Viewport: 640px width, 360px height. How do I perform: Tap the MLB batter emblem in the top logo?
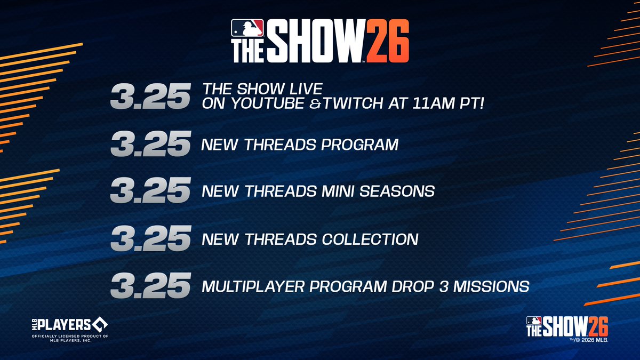coord(247,28)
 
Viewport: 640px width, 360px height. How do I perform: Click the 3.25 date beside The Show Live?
coord(150,97)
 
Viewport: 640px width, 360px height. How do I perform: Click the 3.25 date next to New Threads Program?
coord(150,145)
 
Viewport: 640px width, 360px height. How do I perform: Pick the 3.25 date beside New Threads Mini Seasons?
coord(150,190)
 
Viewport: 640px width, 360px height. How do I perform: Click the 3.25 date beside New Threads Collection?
coord(150,239)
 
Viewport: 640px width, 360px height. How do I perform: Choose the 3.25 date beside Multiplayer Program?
coord(150,286)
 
